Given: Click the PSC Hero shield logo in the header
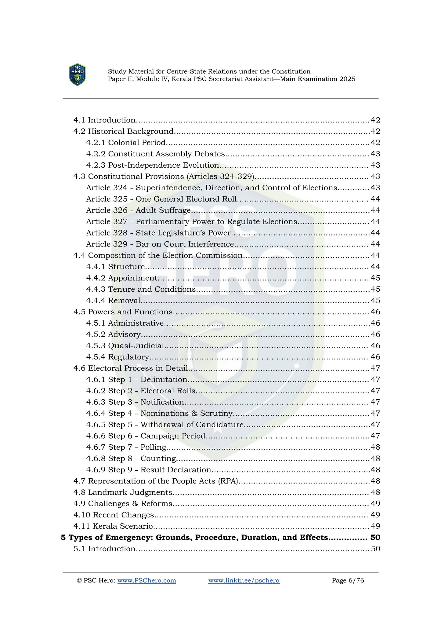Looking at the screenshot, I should point(77,75).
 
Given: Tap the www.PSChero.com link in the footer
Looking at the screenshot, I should point(146,580).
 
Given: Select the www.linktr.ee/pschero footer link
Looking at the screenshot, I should point(244,580).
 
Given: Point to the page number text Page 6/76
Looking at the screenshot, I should point(348,580).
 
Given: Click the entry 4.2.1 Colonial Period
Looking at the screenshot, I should point(126,143).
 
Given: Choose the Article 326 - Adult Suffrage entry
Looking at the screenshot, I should point(138,210).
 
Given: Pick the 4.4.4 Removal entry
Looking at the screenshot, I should point(113,301).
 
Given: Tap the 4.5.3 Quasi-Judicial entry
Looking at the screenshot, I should point(125,346).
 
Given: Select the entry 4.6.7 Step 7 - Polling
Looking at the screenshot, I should point(126,447).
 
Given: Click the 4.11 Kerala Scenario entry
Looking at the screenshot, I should point(113,526).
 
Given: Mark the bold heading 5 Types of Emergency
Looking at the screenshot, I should point(194,538).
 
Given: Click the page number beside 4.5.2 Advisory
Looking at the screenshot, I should point(375,334).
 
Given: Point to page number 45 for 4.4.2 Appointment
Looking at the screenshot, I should point(375,278).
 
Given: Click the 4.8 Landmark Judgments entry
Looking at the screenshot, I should point(123,492).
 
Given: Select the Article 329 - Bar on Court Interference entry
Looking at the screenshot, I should point(160,244).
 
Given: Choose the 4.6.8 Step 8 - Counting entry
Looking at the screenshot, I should point(131,458).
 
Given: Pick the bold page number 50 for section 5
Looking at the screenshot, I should point(375,538).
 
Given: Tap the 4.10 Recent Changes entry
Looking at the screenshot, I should point(114,515).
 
